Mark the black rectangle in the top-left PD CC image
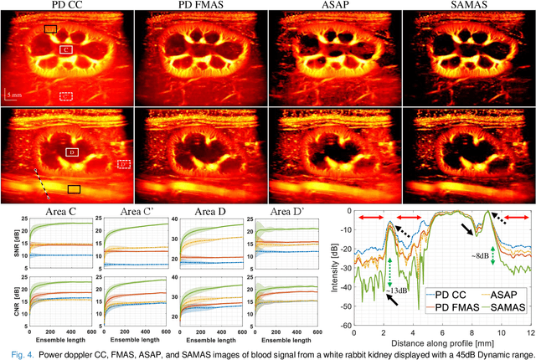(x=51, y=29)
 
